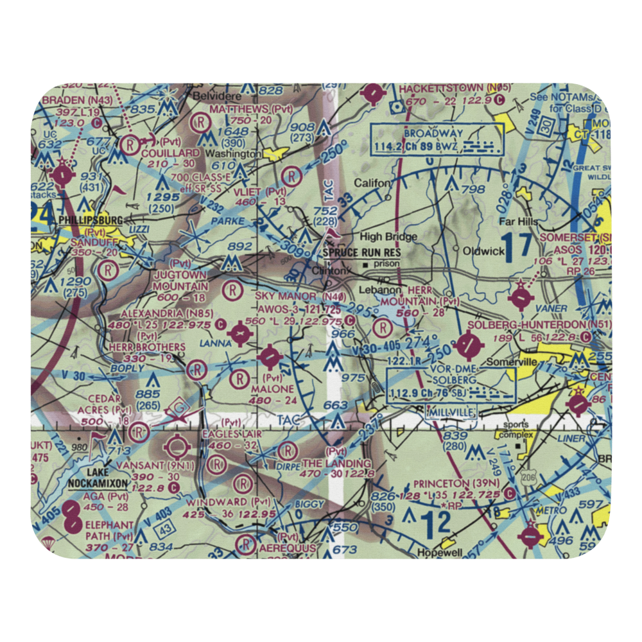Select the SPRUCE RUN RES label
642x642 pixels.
pos(361,253)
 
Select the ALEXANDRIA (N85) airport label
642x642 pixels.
pos(159,314)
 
